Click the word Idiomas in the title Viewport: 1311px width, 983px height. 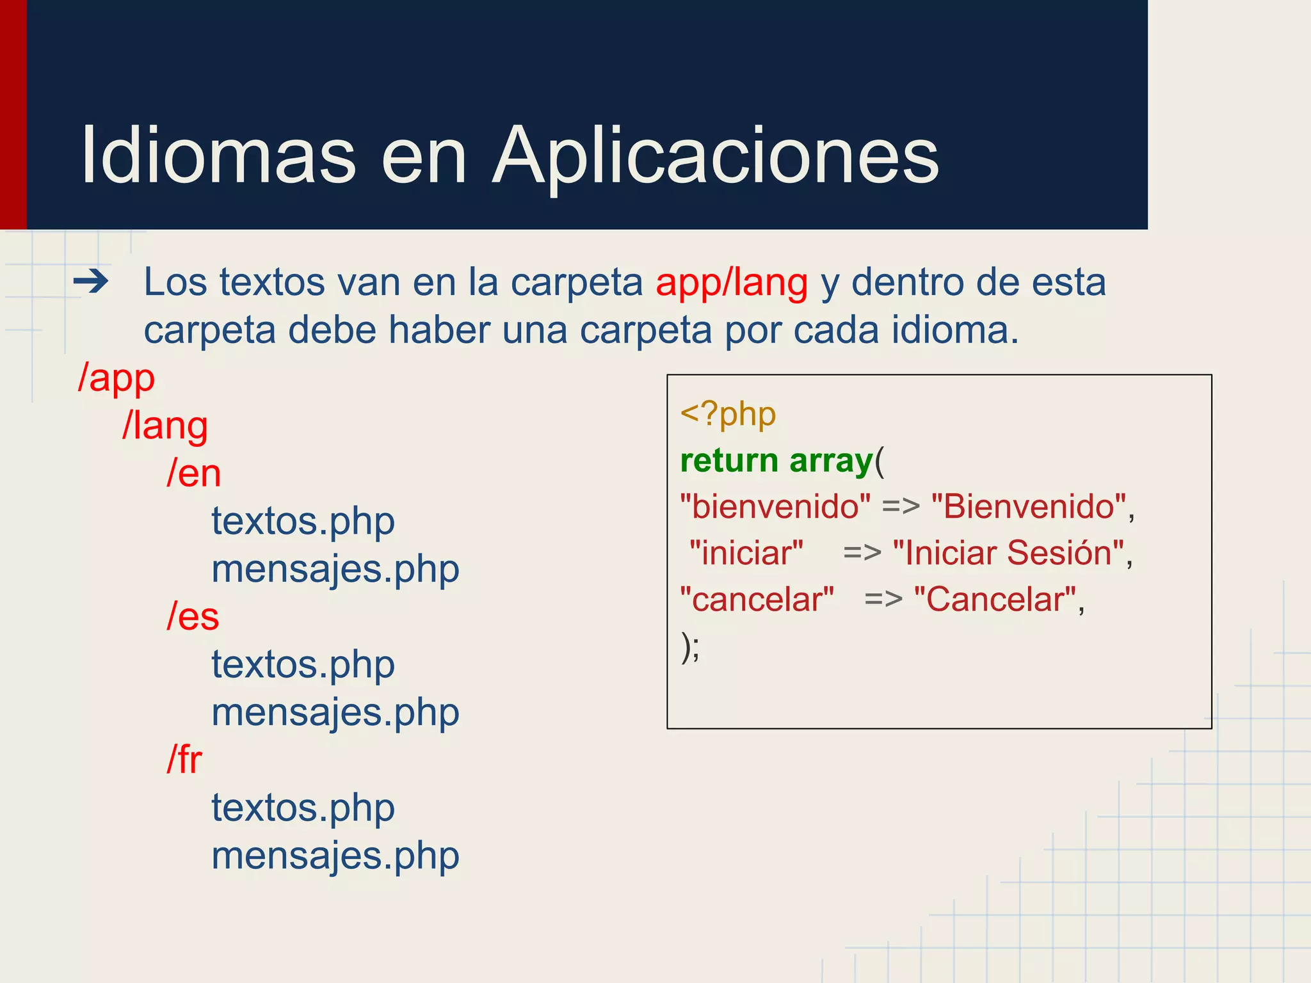point(218,156)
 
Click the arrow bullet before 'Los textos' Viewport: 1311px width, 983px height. point(91,282)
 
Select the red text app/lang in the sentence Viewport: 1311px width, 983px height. point(732,282)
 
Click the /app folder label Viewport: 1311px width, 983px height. point(116,378)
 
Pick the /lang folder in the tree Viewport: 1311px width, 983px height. point(165,426)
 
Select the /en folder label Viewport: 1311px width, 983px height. point(193,474)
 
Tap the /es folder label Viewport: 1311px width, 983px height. point(193,616)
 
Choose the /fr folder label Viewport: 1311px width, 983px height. point(184,760)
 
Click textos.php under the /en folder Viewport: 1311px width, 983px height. point(303,522)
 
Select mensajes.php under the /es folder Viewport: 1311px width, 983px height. point(335,712)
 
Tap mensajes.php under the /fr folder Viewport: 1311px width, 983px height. point(335,856)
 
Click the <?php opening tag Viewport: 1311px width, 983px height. point(728,415)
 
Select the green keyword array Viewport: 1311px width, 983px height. point(831,461)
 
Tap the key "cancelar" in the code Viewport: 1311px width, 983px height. point(757,600)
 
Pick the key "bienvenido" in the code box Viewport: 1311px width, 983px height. point(775,507)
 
